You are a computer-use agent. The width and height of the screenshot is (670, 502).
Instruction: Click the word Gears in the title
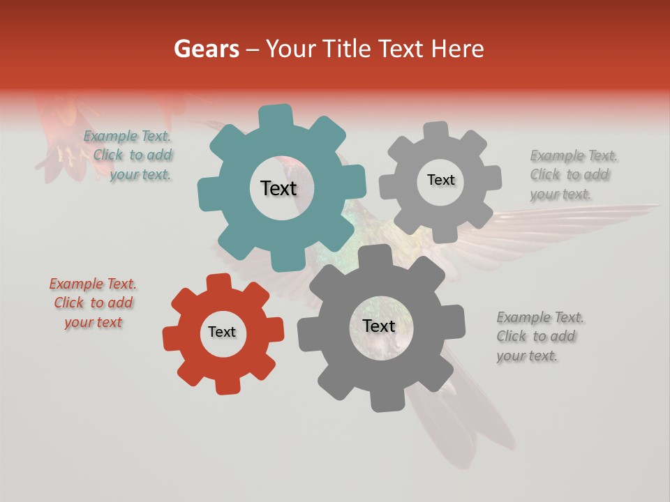[x=206, y=49]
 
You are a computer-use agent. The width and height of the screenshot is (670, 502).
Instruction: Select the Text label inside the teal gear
[x=278, y=188]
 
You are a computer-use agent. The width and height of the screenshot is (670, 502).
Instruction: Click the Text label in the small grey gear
[x=440, y=180]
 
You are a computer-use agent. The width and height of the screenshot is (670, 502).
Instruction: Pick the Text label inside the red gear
[x=222, y=333]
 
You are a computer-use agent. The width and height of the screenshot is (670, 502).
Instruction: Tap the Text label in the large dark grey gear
[x=379, y=326]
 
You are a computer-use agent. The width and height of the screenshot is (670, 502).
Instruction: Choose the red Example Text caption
[x=94, y=303]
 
